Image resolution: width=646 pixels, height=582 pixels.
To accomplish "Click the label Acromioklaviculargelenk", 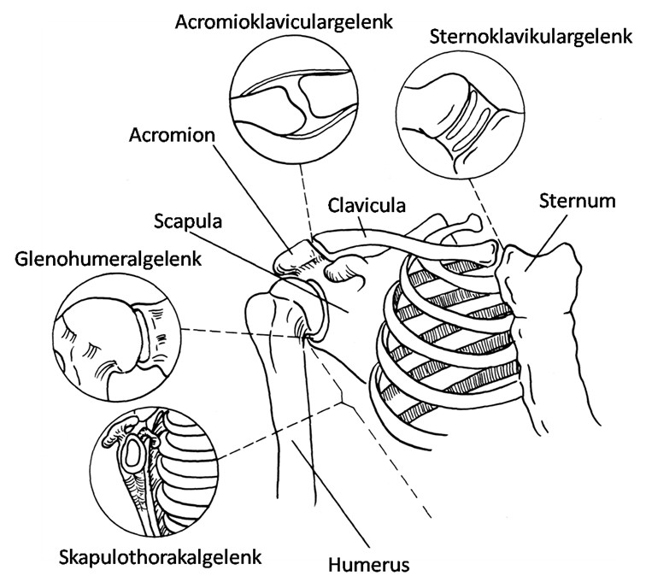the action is [284, 22].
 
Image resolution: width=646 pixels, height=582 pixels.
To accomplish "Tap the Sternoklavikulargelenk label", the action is [531, 36].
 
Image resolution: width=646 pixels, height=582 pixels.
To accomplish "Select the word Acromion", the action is [172, 135].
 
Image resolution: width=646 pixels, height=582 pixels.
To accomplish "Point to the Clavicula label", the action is [367, 205].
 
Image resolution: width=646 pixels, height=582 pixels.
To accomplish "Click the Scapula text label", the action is [188, 221].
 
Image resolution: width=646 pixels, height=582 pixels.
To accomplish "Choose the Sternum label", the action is [577, 201].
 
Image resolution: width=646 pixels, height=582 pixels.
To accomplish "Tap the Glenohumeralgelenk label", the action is [108, 259].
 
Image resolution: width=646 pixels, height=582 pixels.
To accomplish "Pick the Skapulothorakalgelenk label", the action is [161, 557].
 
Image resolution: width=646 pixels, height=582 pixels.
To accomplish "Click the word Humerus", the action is [369, 564].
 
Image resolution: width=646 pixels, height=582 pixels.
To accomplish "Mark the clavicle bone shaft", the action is [408, 244].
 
